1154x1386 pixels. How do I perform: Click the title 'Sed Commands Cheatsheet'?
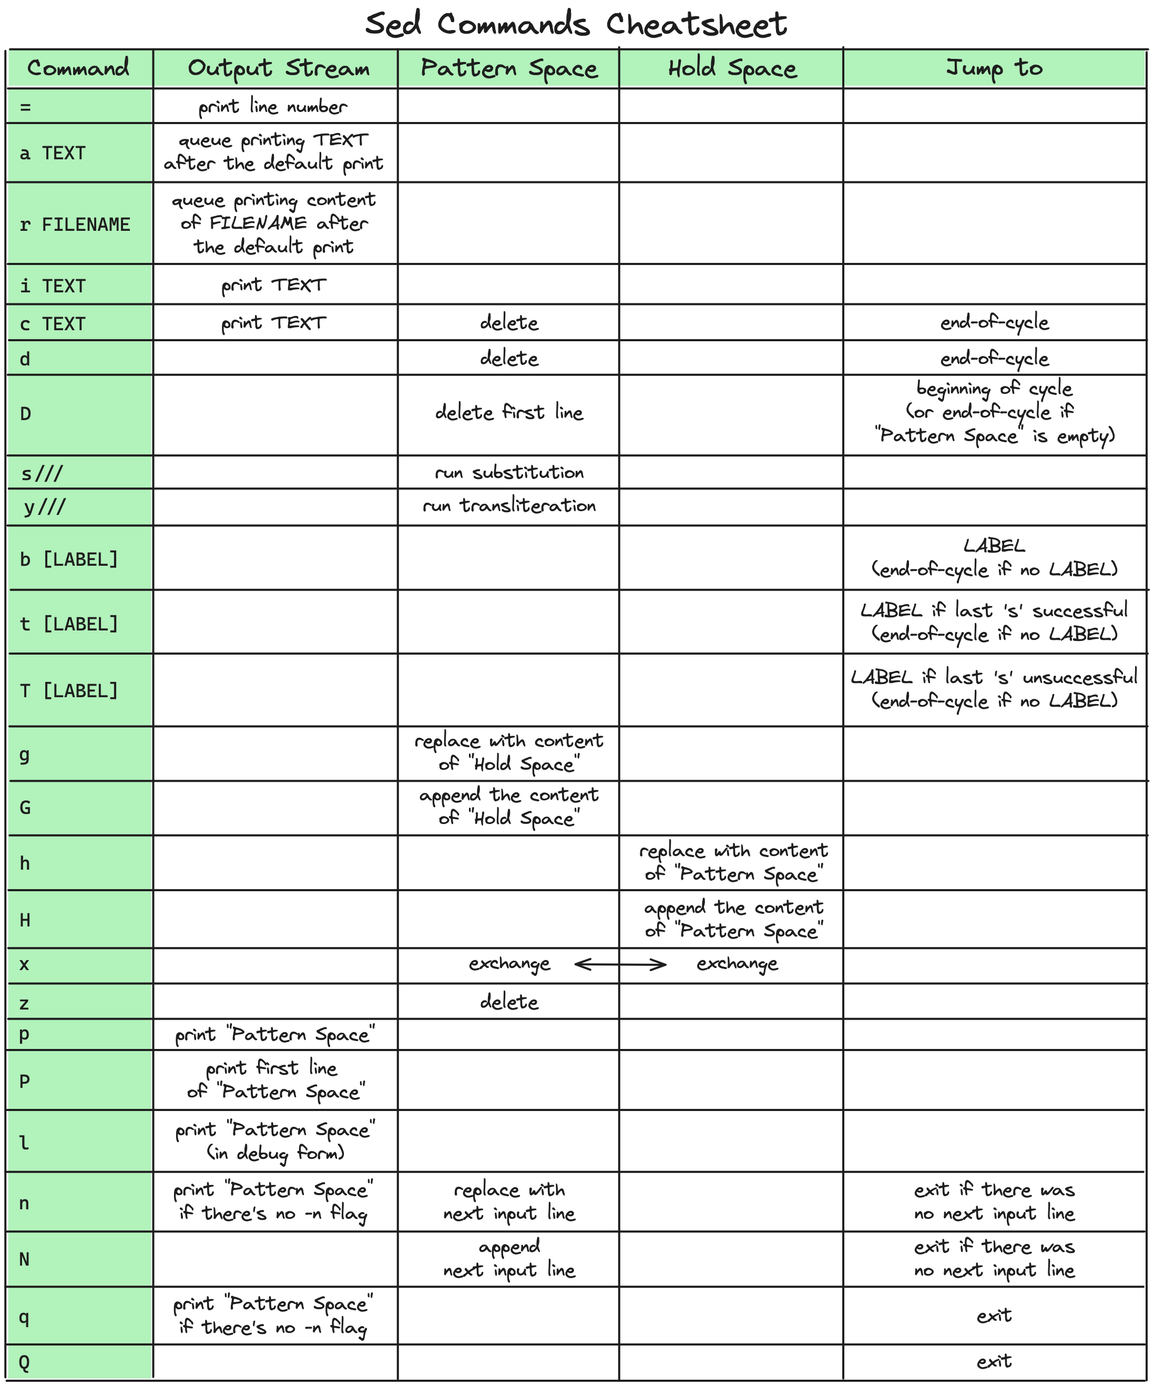(576, 24)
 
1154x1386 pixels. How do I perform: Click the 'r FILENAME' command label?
(75, 225)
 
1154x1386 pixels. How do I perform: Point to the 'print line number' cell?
(273, 107)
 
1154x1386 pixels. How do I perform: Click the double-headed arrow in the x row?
(620, 965)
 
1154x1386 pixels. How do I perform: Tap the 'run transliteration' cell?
(509, 506)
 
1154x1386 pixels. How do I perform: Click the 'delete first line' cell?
(509, 413)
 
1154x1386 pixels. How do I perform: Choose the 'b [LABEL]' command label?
(69, 559)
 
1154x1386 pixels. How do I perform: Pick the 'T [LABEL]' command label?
(69, 691)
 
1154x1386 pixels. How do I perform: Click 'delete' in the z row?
(509, 1002)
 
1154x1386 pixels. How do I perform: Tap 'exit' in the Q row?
(994, 1361)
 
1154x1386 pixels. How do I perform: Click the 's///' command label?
(42, 474)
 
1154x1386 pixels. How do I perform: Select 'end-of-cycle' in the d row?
(994, 359)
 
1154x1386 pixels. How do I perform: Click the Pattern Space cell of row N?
(509, 1258)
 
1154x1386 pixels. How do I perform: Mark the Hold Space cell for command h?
(732, 863)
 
